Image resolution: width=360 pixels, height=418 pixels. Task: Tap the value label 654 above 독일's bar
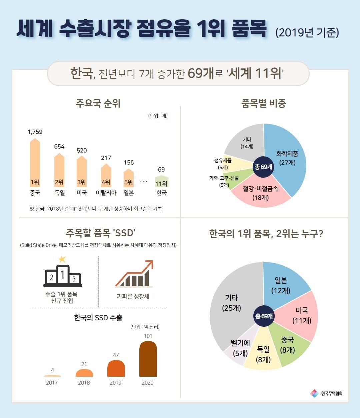click(x=59, y=147)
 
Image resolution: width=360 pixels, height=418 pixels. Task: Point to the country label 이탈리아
click(x=106, y=193)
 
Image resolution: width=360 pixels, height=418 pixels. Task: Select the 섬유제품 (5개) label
click(x=223, y=164)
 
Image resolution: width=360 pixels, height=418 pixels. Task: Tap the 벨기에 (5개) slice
click(x=240, y=348)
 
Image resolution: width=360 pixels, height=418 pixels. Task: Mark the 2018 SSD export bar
click(x=84, y=373)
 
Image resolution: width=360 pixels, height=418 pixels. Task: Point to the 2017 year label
click(x=52, y=383)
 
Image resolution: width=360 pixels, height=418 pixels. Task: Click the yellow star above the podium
click(x=62, y=259)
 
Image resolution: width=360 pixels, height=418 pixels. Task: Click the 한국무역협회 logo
click(x=326, y=394)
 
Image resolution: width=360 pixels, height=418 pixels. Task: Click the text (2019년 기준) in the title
click(x=307, y=33)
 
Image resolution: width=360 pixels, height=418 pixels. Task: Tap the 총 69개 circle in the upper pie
click(x=264, y=166)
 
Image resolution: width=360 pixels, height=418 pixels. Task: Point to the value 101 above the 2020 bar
click(x=148, y=336)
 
